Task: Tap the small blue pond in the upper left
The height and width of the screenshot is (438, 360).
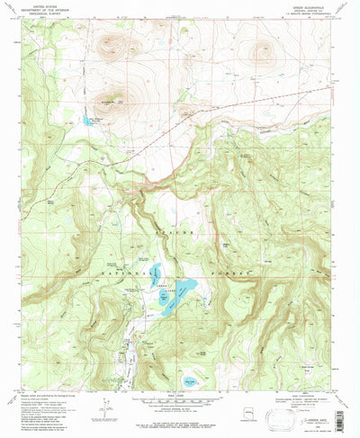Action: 86,119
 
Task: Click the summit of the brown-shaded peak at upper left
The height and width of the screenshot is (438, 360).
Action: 116,98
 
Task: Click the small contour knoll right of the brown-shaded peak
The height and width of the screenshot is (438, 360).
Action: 186,112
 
